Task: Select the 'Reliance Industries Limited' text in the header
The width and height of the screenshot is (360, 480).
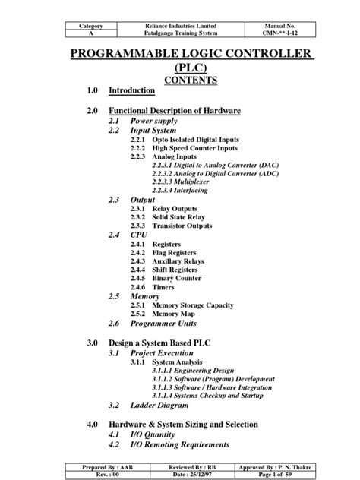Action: pyautogui.click(x=180, y=26)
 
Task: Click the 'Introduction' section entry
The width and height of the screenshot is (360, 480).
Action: pyautogui.click(x=132, y=90)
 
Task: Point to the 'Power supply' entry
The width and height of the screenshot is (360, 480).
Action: pyautogui.click(x=155, y=121)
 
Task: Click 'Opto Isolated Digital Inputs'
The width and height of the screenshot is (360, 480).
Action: pyautogui.click(x=195, y=141)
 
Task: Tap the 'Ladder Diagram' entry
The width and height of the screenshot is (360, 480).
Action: pyautogui.click(x=160, y=405)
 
